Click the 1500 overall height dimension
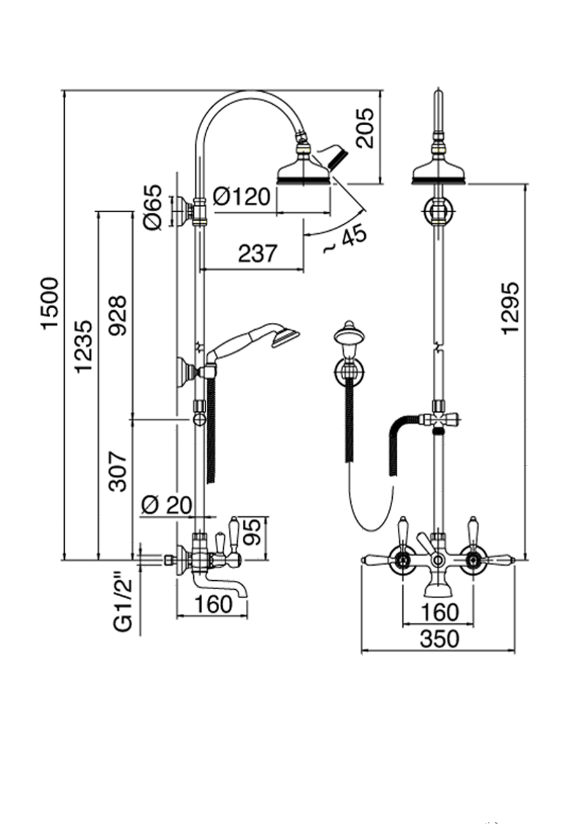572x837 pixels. [50, 303]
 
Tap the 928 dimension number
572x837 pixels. [118, 316]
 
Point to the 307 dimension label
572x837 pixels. [118, 472]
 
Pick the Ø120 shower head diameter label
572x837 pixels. [242, 196]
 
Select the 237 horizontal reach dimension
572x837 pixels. [257, 252]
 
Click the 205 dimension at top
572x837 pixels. [364, 128]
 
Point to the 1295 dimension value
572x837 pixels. [510, 308]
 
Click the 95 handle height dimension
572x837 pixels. [253, 531]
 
